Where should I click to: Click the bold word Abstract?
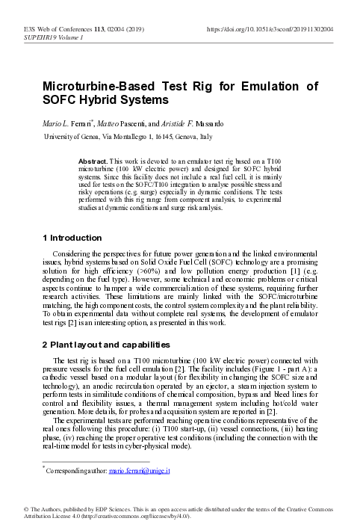pyautogui.click(x=93, y=161)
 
